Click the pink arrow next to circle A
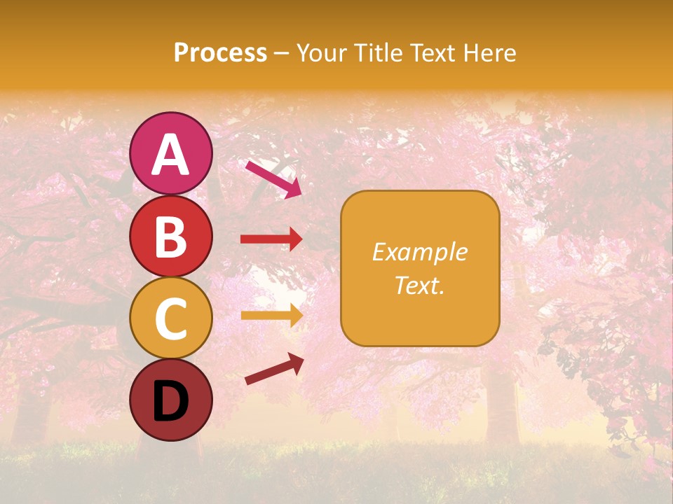[273, 178]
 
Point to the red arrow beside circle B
[271, 239]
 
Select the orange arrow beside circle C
[271, 315]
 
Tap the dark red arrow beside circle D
[274, 370]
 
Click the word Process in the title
[220, 53]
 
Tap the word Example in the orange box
[419, 252]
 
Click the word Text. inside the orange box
[419, 285]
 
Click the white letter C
[170, 319]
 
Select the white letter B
[170, 237]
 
